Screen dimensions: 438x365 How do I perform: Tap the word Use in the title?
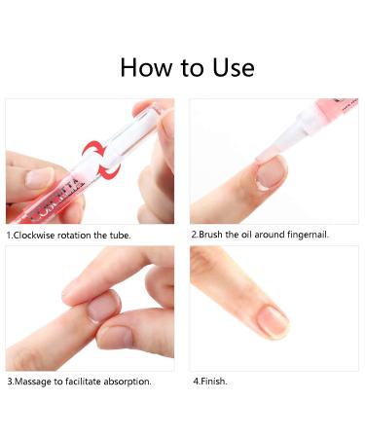[x=232, y=67]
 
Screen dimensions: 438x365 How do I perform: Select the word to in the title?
[x=192, y=67]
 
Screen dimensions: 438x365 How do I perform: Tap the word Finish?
[x=213, y=382]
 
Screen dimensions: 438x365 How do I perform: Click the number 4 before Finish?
[x=195, y=382]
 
